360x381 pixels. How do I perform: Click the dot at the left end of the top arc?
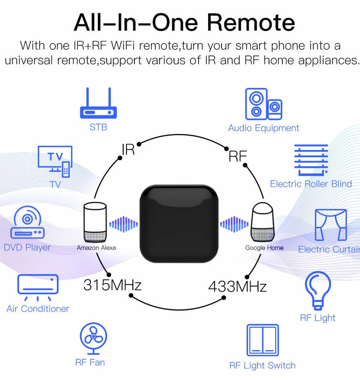click(x=139, y=144)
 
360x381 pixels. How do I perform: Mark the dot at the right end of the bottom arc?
click(x=224, y=297)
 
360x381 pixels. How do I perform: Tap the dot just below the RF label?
click(x=245, y=165)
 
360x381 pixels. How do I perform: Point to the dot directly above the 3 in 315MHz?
click(x=109, y=275)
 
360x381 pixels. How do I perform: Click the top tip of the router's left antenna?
click(x=87, y=88)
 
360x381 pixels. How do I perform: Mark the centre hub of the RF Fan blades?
click(x=93, y=336)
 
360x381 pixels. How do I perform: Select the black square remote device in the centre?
click(x=179, y=224)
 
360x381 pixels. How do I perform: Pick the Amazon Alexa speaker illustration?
click(x=95, y=222)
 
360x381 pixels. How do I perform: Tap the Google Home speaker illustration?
click(x=262, y=222)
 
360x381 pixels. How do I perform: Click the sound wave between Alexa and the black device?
click(x=124, y=224)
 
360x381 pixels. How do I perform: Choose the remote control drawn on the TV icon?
click(x=66, y=169)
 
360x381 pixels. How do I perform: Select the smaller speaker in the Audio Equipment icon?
click(x=275, y=109)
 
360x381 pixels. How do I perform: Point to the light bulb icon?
click(x=318, y=290)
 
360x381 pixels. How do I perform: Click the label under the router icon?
click(x=98, y=127)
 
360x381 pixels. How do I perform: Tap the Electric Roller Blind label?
click(x=311, y=184)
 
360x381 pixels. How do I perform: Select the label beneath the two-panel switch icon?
click(x=262, y=365)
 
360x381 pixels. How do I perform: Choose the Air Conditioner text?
click(x=38, y=308)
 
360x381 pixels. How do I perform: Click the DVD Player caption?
click(x=27, y=248)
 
